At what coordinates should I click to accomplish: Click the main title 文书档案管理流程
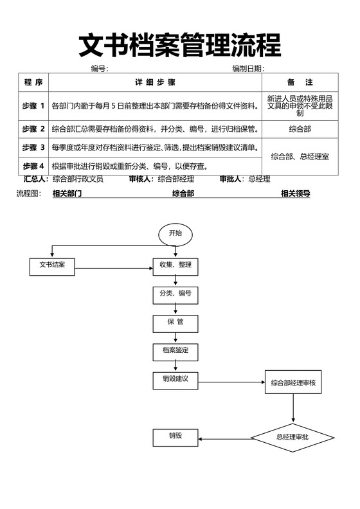pos(180,45)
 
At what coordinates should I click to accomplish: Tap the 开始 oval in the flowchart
pos(175,233)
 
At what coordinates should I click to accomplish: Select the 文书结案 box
pos(53,265)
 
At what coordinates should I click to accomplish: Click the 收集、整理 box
pos(175,265)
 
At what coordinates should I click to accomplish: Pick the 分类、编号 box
pos(175,294)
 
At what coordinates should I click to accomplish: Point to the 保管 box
pos(175,323)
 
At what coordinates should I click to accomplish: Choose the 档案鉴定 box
pos(175,351)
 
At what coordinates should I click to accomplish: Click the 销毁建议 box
pos(175,379)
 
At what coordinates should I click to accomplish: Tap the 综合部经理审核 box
pos(293,383)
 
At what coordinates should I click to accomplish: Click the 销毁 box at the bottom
pos(175,437)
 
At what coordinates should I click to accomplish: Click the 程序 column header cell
pos(33,83)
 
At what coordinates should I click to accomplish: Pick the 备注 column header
pos(300,83)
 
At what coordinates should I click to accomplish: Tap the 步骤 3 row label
pos(33,148)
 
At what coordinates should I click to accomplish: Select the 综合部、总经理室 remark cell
pos(300,156)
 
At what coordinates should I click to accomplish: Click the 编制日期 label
pos(248,69)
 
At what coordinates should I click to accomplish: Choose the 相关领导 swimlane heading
pos(296,193)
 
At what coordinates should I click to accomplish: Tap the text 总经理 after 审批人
pos(259,179)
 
